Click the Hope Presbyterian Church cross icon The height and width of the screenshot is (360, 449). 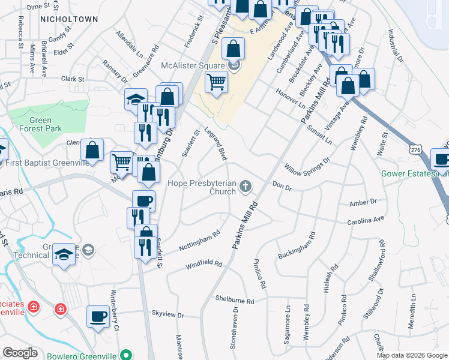245,188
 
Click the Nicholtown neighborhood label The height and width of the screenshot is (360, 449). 68,19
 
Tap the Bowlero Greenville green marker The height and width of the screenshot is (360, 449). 125,354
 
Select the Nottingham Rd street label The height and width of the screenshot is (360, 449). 200,241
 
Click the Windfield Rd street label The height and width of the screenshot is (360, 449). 203,263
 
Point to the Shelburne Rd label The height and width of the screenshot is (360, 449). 235,300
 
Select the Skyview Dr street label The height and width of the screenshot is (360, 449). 167,313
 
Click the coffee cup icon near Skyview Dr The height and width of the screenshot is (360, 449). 98,316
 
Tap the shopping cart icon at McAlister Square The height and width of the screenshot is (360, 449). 216,81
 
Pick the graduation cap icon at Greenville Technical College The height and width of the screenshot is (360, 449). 64,254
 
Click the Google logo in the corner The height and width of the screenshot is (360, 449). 20,353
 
